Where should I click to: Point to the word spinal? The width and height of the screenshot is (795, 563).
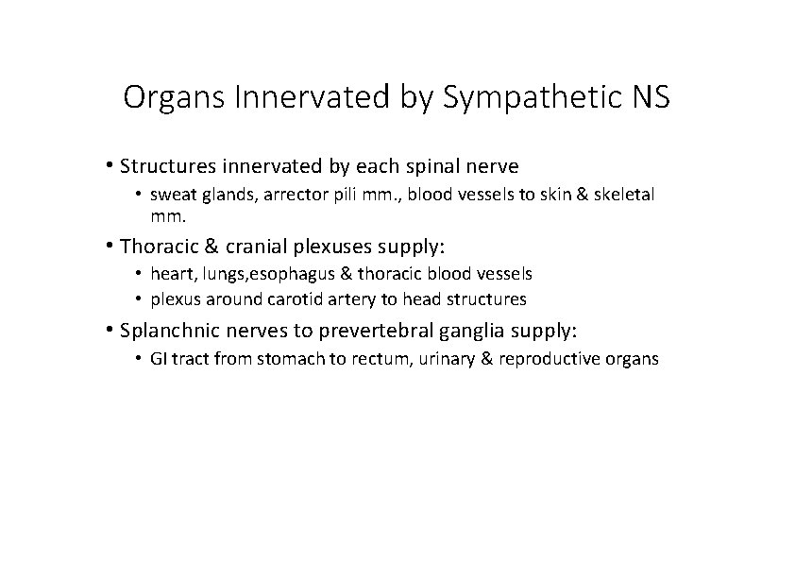point(432,167)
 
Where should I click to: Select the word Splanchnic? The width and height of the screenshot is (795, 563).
point(170,333)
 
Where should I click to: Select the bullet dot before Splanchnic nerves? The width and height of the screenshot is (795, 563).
point(111,332)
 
